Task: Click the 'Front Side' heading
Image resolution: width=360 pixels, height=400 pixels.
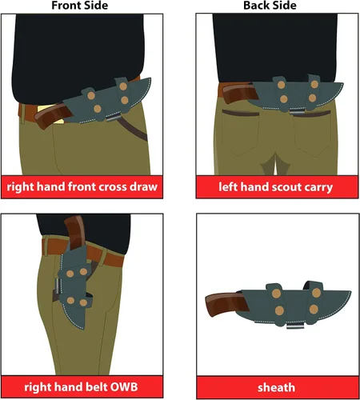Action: click(x=80, y=6)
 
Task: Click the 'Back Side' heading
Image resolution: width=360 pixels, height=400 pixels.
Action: click(x=270, y=6)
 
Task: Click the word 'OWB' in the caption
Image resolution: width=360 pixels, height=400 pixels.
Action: click(x=124, y=387)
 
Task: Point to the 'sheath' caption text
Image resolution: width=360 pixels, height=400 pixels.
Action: click(x=276, y=387)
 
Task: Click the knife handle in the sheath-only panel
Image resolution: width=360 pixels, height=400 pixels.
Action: click(x=226, y=302)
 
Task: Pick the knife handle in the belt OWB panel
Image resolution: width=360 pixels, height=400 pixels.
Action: click(x=75, y=232)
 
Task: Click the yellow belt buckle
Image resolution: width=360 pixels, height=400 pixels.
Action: click(x=50, y=114)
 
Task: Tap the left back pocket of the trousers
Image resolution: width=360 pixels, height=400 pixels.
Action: click(x=240, y=132)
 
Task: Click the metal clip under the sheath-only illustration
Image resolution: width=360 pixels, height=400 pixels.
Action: click(x=295, y=325)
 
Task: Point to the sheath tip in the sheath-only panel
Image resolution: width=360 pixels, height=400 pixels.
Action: click(x=350, y=292)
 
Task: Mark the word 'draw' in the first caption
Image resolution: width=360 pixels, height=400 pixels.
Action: click(x=143, y=187)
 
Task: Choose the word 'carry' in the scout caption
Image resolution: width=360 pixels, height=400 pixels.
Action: click(x=318, y=187)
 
